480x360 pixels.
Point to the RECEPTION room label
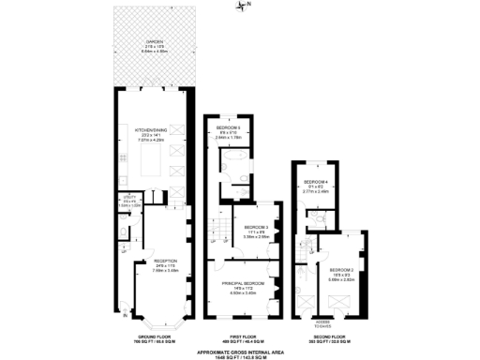(165, 263)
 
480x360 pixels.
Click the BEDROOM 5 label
(229, 127)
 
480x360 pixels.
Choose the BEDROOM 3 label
(256, 229)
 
